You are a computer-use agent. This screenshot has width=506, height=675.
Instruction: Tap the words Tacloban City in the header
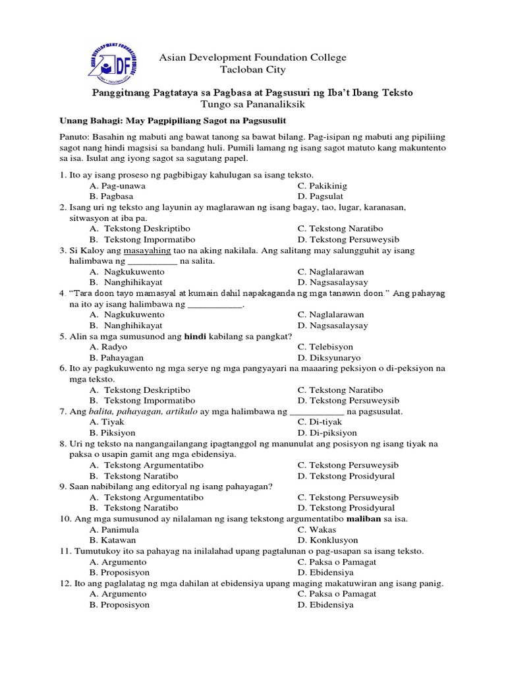(252, 71)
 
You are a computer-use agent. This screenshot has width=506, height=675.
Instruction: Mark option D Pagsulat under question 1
(325, 196)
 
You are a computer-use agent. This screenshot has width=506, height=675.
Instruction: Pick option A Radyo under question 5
(109, 347)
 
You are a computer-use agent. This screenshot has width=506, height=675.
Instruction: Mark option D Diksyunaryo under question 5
(329, 357)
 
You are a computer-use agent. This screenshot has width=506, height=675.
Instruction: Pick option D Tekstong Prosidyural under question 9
(346, 508)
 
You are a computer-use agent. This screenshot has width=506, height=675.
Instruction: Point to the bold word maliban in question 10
(355, 519)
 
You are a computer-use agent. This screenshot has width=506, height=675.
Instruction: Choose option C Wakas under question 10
(317, 529)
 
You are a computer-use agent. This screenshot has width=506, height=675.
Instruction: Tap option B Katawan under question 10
(113, 540)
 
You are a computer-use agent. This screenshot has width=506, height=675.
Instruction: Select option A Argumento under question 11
(118, 562)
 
